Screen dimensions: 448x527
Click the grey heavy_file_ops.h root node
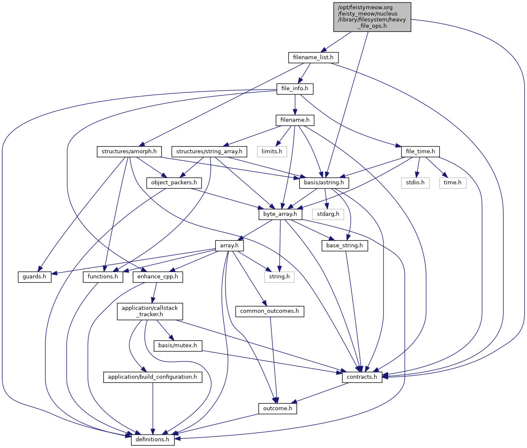(372, 17)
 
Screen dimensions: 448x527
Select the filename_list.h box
(313, 57)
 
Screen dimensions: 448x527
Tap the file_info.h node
(295, 89)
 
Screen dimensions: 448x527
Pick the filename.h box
(295, 120)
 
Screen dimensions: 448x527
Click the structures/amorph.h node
(129, 151)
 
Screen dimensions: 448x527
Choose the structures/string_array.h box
(209, 151)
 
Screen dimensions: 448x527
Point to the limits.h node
(272, 151)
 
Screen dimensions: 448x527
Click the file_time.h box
(420, 151)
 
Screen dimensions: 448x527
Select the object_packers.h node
(174, 183)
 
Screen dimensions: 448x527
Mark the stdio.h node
(415, 183)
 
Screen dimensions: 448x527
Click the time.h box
(453, 183)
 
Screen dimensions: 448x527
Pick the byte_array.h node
(280, 214)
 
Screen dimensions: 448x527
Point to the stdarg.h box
(328, 214)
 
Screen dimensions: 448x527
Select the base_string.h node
(345, 246)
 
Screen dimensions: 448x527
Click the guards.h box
(34, 277)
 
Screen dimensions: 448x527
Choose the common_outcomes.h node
(270, 311)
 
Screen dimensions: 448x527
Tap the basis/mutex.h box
(178, 346)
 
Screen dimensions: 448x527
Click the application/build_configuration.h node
(152, 377)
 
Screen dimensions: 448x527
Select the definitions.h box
(152, 440)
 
